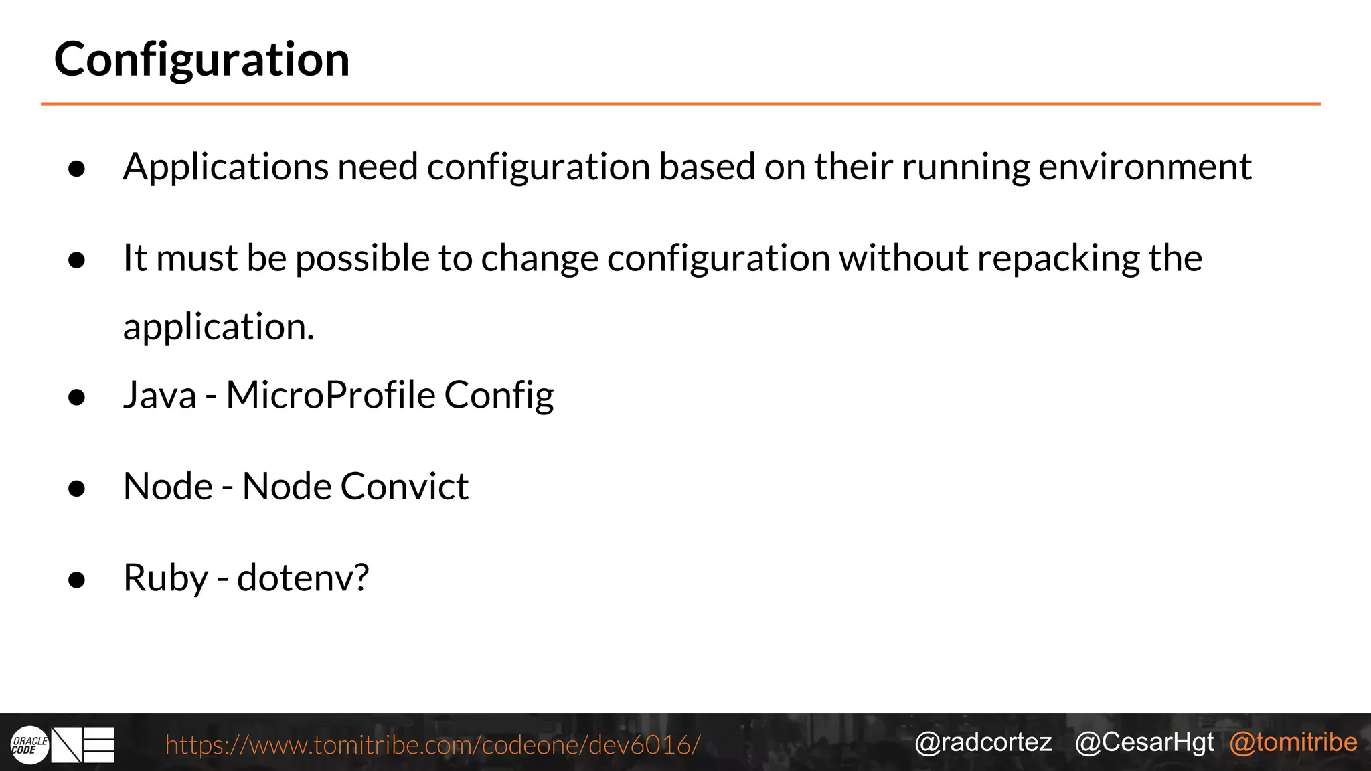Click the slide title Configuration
pyautogui.click(x=201, y=60)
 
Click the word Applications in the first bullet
pyautogui.click(x=226, y=167)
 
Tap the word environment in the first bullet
pyautogui.click(x=1144, y=167)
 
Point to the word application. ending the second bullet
pyautogui.click(x=218, y=327)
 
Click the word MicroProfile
pyautogui.click(x=331, y=395)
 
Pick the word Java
pyautogui.click(x=160, y=395)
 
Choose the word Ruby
pyautogui.click(x=165, y=578)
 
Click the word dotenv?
pyautogui.click(x=303, y=578)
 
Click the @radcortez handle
pyautogui.click(x=983, y=742)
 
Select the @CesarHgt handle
pyautogui.click(x=1144, y=742)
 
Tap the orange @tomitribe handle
pyautogui.click(x=1293, y=742)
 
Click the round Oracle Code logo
pyautogui.click(x=29, y=745)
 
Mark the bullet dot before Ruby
pyautogui.click(x=77, y=580)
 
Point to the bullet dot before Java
pyautogui.click(x=77, y=397)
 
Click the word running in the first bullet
pyautogui.click(x=965, y=167)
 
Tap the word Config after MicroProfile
pyautogui.click(x=499, y=395)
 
